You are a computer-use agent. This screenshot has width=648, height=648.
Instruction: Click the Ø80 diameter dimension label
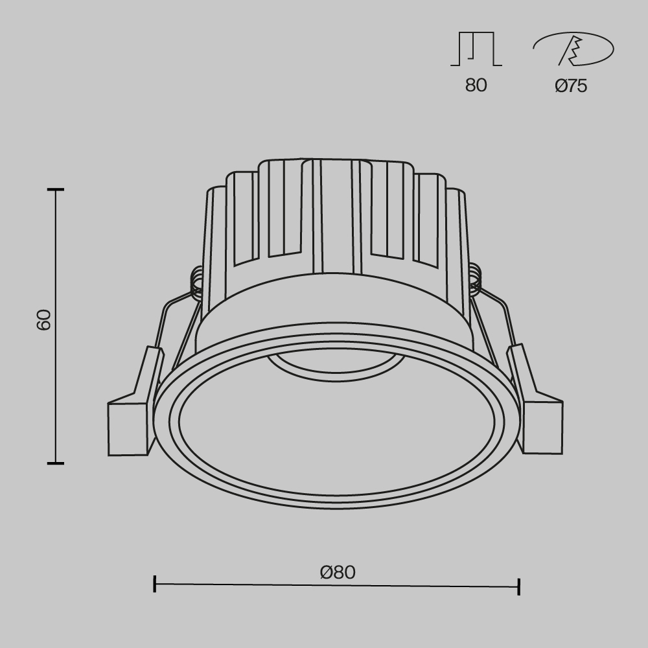pyautogui.click(x=338, y=572)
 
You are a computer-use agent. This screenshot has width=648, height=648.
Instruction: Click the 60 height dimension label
pyautogui.click(x=43, y=319)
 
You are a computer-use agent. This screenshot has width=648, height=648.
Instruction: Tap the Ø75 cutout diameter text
pyautogui.click(x=571, y=86)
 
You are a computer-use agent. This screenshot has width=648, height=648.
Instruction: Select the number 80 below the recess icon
pyautogui.click(x=476, y=86)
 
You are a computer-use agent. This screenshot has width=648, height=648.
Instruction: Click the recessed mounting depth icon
pyautogui.click(x=476, y=49)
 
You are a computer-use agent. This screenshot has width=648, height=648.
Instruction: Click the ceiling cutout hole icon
pyautogui.click(x=573, y=49)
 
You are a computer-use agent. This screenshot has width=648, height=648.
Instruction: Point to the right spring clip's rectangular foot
pyautogui.click(x=543, y=427)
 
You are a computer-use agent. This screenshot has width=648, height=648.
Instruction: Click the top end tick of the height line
pyautogui.click(x=56, y=190)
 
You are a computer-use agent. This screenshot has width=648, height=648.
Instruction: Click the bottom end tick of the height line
pyautogui.click(x=56, y=463)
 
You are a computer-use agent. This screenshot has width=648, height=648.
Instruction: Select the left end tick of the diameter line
pyautogui.click(x=155, y=583)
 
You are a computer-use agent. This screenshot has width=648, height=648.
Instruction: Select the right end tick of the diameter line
pyautogui.click(x=519, y=587)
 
